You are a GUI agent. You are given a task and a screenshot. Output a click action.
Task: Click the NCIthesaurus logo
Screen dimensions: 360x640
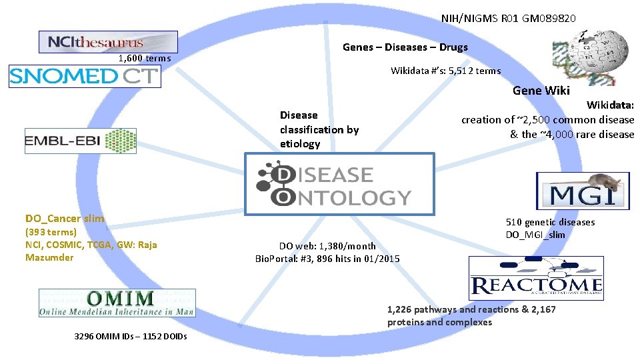coord(108,42)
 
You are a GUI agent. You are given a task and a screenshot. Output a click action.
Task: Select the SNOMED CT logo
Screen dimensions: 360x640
coord(85,76)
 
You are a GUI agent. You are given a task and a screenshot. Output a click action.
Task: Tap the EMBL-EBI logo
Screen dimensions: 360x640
coord(81,141)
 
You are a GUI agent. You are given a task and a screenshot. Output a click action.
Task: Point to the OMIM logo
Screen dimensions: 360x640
coord(117,303)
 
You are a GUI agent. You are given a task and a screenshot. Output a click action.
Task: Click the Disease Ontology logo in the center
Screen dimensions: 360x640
coord(340,185)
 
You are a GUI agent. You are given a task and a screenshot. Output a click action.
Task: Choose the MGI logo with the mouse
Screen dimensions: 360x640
coord(582,191)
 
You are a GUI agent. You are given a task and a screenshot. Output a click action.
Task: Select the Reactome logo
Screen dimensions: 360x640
coord(536,279)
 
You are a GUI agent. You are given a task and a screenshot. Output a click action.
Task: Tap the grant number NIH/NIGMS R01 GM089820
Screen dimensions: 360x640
coord(508,18)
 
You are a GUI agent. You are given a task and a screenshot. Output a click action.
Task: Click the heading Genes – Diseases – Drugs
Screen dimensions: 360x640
coord(405,47)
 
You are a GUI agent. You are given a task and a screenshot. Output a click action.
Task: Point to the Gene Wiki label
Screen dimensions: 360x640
coord(541,91)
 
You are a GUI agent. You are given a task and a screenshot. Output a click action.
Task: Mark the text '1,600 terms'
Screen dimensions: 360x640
coord(144,59)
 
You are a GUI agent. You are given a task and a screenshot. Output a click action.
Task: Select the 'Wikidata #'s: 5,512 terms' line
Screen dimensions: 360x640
coord(445,71)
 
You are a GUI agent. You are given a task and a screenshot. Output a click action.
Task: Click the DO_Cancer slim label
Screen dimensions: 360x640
coord(65,219)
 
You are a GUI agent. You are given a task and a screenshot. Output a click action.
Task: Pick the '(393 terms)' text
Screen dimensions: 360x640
coord(51,232)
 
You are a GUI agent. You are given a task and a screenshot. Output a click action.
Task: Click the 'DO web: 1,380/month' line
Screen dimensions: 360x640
coord(327,246)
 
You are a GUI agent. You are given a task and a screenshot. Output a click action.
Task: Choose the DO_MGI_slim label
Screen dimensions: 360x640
coord(535,235)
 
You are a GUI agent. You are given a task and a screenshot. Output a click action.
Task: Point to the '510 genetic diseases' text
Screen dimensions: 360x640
coord(550,222)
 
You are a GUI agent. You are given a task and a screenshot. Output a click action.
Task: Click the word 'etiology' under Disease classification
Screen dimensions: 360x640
coord(300,144)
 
